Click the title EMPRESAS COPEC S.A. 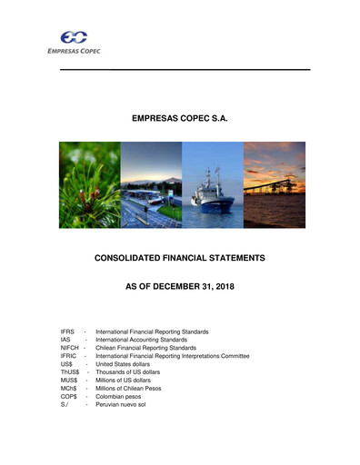pos(180,118)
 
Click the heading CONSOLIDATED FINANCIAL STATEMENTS pos(180,259)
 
